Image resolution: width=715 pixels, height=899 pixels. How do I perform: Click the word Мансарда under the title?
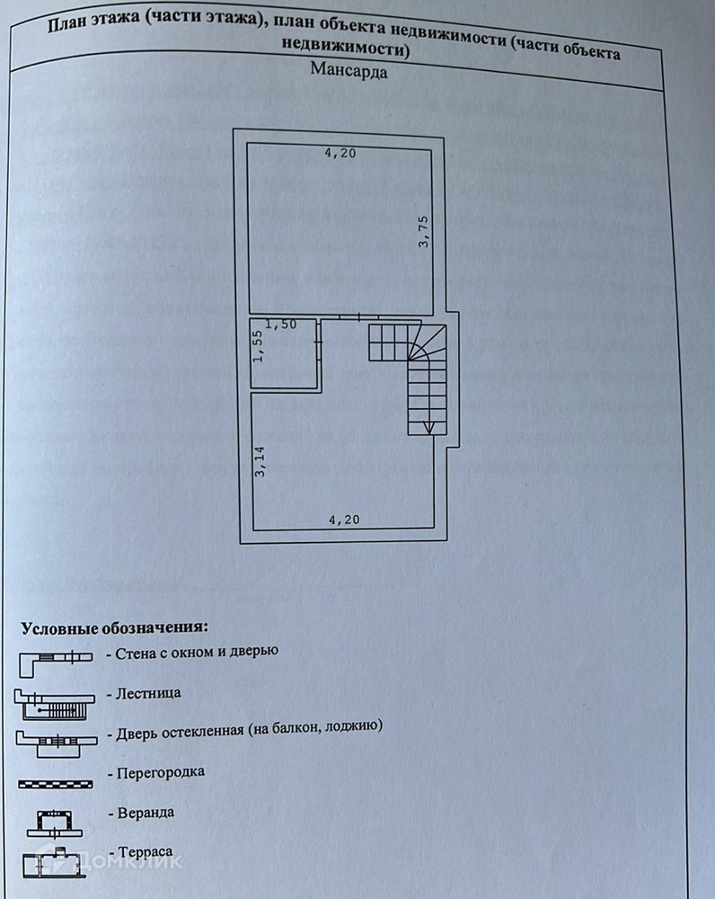pyautogui.click(x=349, y=72)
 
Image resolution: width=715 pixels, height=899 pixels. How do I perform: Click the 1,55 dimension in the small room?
pyautogui.click(x=258, y=344)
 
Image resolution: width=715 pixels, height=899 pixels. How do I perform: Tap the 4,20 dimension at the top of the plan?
pyautogui.click(x=340, y=154)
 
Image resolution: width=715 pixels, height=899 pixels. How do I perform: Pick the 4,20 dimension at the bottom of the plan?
pyautogui.click(x=344, y=519)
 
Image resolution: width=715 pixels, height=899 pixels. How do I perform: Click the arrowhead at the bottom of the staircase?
pyautogui.click(x=428, y=426)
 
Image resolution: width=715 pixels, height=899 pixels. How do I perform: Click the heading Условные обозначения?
pyautogui.click(x=115, y=627)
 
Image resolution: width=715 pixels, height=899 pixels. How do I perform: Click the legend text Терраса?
pyautogui.click(x=144, y=850)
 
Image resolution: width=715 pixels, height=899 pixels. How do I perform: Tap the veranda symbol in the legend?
pyautogui.click(x=55, y=821)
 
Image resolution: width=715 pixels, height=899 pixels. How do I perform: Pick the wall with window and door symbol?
pyautogui.click(x=55, y=661)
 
